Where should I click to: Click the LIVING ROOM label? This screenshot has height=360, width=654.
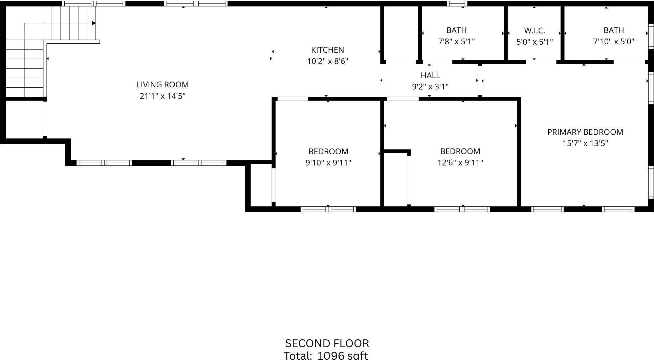(162, 85)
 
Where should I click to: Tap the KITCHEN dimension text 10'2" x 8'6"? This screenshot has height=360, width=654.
(327, 61)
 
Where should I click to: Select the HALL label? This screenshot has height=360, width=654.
(430, 75)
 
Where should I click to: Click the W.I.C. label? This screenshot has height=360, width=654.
(534, 31)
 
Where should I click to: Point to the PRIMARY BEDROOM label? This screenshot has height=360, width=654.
(585, 132)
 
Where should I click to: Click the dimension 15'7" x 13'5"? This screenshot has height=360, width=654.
(585, 143)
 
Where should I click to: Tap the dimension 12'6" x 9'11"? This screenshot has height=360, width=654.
(460, 163)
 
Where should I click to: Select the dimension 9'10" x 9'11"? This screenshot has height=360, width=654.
(328, 163)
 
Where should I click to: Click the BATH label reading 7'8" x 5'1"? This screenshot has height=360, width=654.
(456, 30)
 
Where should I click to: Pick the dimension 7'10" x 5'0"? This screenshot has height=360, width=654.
(613, 42)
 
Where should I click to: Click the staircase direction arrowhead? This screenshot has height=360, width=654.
(94, 23)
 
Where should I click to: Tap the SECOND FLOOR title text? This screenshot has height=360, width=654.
(327, 343)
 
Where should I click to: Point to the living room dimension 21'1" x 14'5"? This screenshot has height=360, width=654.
(162, 96)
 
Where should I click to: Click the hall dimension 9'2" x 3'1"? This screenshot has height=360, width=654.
(430, 87)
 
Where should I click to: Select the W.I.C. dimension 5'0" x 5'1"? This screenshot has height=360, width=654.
(534, 42)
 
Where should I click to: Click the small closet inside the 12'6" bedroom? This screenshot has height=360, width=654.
(395, 179)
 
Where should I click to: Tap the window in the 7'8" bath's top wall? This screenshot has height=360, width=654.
(457, 4)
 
